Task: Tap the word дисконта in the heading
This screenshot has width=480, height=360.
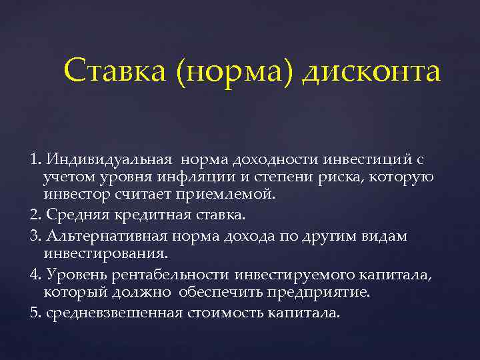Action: (371, 73)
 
